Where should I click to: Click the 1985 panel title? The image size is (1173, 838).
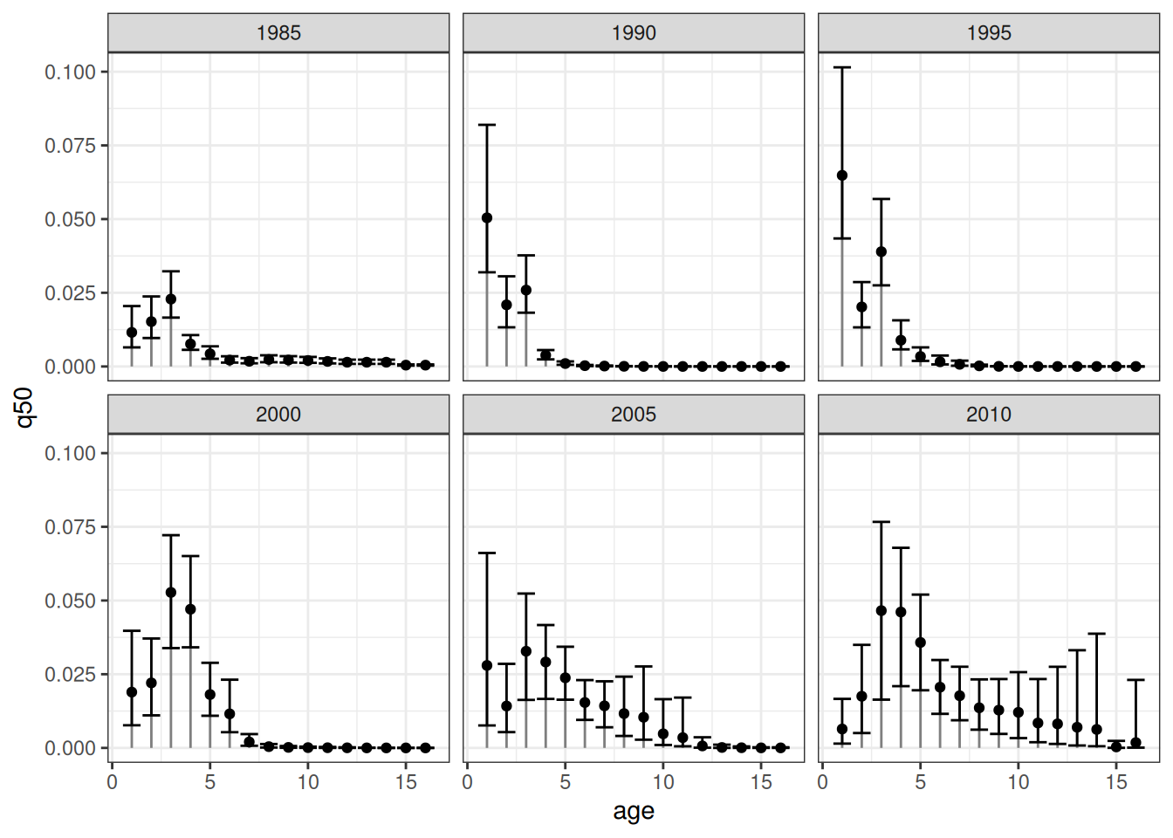coord(278,33)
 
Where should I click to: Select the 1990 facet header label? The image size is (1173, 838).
coord(634,33)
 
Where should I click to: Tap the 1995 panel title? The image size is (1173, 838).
coord(989,33)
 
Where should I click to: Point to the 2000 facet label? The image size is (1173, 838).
coord(278,415)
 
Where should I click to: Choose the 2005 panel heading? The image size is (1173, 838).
coord(634,415)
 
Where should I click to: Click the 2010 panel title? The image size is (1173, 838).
coord(989,415)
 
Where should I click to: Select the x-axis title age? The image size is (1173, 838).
coord(634,811)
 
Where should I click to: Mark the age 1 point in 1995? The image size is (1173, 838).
coord(842,175)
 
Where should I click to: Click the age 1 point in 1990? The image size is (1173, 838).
coord(487,218)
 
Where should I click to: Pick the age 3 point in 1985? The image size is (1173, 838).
coord(171,299)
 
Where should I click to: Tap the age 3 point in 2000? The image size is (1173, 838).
coord(171,593)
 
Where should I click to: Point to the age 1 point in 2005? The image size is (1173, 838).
coord(487,665)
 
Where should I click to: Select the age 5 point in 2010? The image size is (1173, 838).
coord(921,642)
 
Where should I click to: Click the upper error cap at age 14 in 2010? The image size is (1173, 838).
coord(1097,634)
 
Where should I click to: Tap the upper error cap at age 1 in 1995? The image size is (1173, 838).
coord(842,67)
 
